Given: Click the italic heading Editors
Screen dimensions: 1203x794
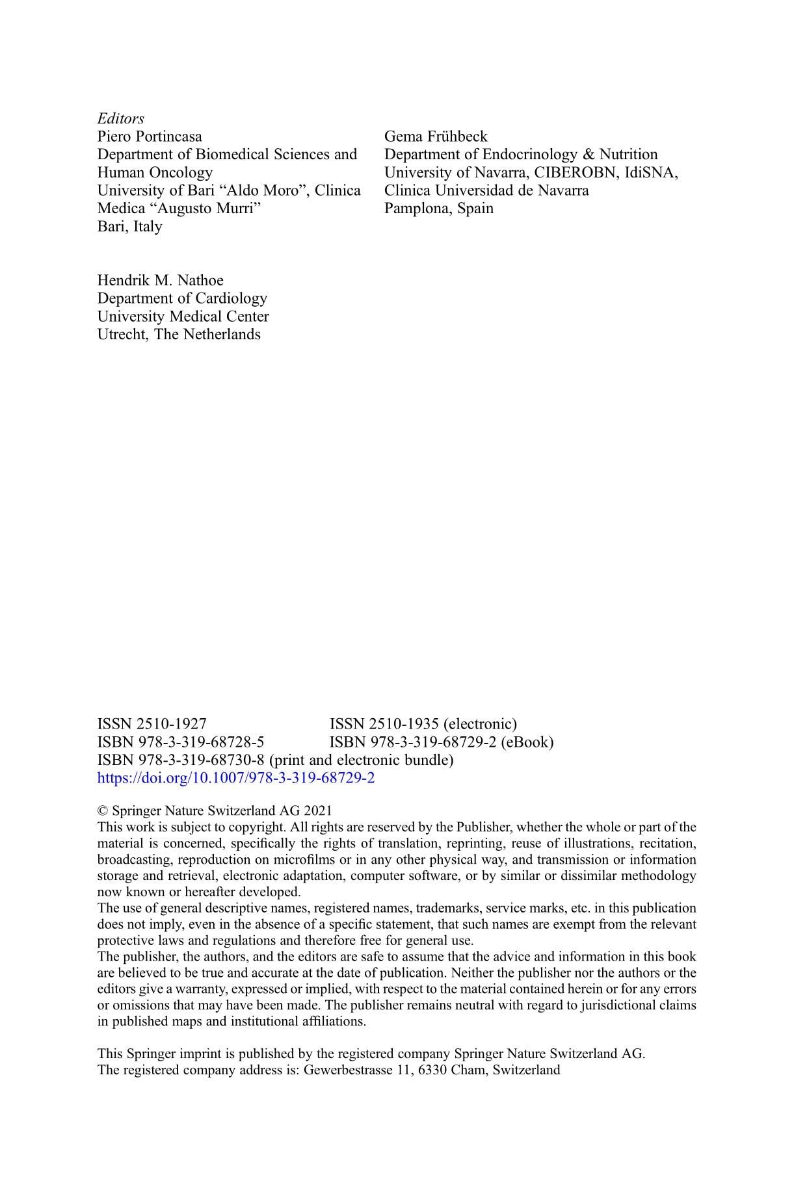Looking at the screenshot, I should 120,118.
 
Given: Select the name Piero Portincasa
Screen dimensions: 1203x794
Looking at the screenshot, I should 150,136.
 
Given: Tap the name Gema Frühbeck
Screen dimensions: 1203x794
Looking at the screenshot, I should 435,136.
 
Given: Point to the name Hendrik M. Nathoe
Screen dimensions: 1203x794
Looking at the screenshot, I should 160,281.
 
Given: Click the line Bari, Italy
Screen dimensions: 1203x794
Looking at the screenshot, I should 129,227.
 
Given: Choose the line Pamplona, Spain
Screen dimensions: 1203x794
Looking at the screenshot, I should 438,209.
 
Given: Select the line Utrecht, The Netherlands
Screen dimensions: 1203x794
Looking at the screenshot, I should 179,335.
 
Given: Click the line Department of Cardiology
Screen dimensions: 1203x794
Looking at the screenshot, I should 182,298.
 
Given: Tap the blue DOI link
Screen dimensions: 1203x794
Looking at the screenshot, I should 235,778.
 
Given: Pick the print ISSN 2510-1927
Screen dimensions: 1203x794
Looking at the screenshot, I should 152,724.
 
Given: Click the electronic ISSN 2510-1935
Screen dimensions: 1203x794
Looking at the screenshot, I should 423,724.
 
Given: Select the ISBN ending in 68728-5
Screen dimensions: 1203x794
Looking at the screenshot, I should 180,742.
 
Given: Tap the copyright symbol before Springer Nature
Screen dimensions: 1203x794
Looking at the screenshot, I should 102,811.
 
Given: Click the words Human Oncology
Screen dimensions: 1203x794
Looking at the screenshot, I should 155,173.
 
